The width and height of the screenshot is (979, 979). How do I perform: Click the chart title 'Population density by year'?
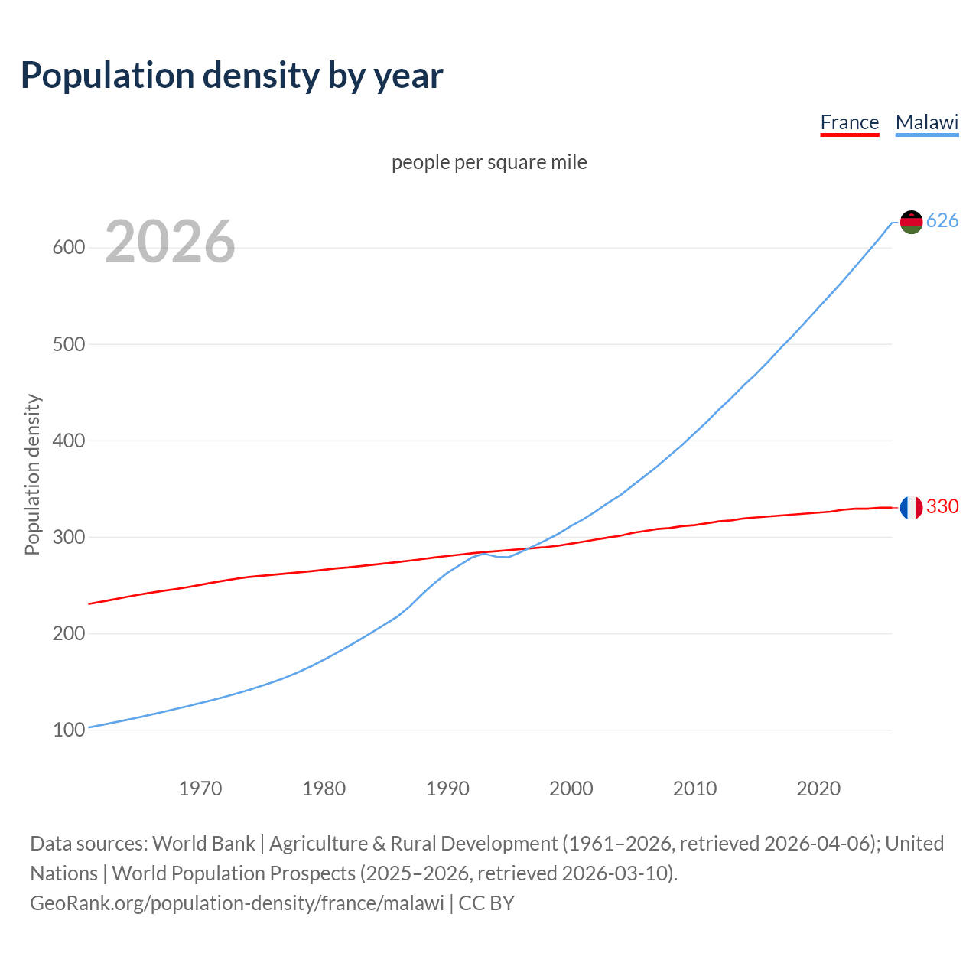232,76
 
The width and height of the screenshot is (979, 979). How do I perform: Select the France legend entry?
849,122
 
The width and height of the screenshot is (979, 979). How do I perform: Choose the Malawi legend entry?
926,122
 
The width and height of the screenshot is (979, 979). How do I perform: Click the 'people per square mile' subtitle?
489,163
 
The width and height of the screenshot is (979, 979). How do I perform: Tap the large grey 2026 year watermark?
170,242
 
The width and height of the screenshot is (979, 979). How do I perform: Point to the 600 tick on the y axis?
68,248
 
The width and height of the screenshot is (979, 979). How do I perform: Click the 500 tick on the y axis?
68,344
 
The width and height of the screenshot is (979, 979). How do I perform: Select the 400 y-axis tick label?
68,441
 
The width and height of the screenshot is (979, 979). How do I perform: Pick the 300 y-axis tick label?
68,537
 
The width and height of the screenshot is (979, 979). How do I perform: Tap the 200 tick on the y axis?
68,633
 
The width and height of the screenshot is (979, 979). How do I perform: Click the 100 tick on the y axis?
68,730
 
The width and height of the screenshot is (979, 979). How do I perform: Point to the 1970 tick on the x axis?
200,789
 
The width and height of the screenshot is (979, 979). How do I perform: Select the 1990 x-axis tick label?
447,789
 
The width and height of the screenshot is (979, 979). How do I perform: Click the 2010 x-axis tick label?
694,789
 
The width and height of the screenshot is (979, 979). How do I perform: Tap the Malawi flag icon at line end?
911,222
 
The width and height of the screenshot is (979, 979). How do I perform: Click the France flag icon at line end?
911,507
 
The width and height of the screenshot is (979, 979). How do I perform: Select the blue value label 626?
942,221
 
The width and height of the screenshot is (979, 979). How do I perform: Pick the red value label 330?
942,507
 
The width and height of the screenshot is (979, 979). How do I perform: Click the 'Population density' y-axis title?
32,474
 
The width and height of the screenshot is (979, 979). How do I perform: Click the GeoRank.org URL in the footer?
237,903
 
